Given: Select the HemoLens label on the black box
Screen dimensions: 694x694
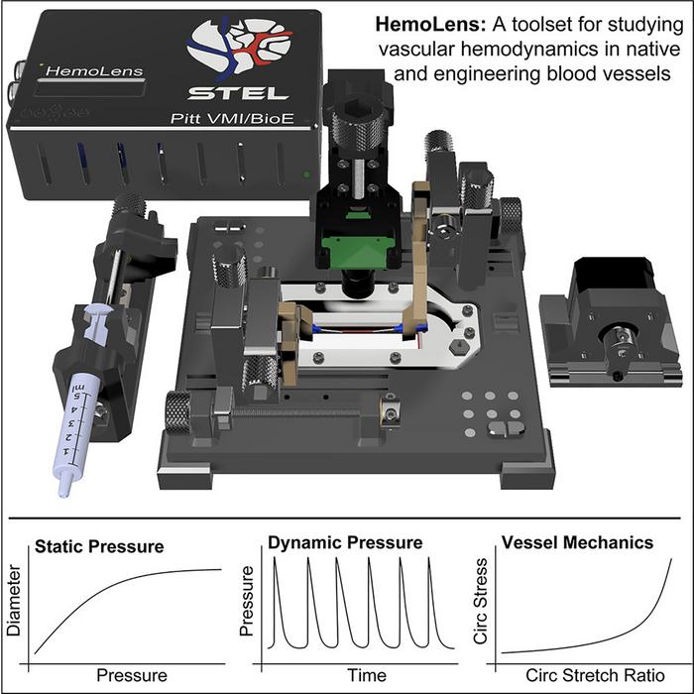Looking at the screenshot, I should tap(81, 71).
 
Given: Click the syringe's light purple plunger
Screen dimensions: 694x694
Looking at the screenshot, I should tap(102, 318).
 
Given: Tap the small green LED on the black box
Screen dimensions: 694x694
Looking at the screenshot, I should tap(308, 175).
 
